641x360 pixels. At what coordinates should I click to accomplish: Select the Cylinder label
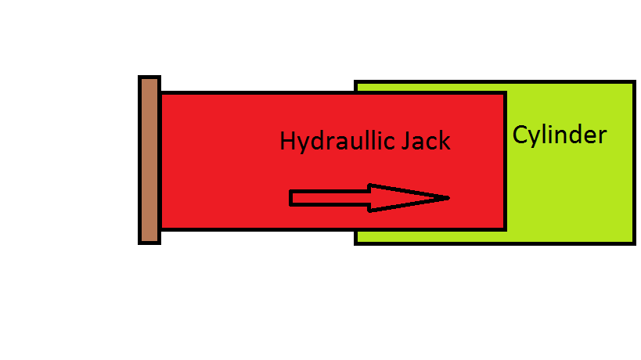tap(559, 135)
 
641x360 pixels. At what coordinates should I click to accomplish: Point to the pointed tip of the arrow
tap(448, 198)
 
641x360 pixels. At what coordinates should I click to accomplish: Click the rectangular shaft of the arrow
tap(330, 198)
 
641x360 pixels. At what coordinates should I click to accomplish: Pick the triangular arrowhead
tap(403, 198)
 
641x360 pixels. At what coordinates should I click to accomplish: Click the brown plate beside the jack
tap(149, 160)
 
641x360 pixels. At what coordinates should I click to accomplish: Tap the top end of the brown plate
tap(149, 79)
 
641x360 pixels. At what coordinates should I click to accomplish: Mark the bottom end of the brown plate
tap(149, 241)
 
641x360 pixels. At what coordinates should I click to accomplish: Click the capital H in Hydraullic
tap(287, 142)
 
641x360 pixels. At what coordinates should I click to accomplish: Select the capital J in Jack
tap(406, 142)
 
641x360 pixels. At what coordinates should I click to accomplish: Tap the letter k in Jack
tap(445, 142)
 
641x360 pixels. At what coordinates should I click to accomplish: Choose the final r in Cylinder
tap(601, 137)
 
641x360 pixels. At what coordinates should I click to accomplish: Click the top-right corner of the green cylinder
tap(632, 81)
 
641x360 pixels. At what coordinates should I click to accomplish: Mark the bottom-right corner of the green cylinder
tap(632, 243)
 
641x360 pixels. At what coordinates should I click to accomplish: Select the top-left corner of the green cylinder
tap(356, 81)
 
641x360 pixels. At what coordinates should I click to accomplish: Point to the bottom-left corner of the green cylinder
tap(356, 243)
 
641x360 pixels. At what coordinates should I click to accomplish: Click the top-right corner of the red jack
tap(505, 93)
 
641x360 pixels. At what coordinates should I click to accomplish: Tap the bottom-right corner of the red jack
tap(505, 229)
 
